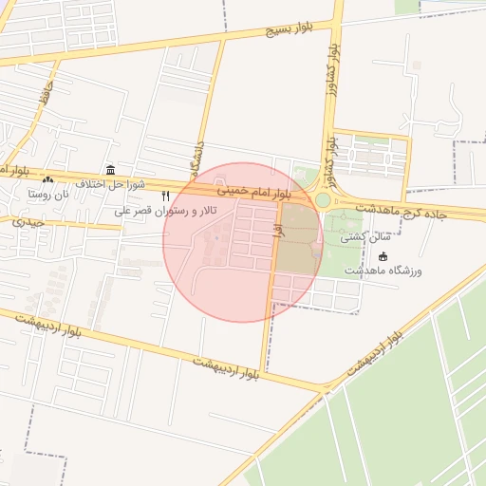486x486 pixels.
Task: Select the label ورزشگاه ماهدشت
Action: pyautogui.click(x=390, y=271)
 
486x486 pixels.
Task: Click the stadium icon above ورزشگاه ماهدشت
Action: pyautogui.click(x=383, y=256)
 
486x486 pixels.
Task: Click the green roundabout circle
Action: pyautogui.click(x=323, y=199)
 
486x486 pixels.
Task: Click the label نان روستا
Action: pyautogui.click(x=49, y=194)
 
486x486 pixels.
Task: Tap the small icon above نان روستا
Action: pyautogui.click(x=47, y=179)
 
